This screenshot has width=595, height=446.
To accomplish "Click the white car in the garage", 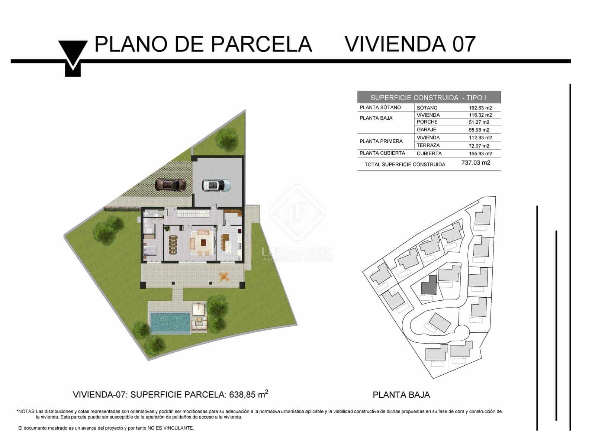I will click(x=216, y=185).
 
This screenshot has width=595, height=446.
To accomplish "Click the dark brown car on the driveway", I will click(x=170, y=184).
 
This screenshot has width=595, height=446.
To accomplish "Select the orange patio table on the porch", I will click(x=224, y=276).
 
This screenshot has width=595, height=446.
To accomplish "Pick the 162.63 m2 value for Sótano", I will click(x=480, y=108).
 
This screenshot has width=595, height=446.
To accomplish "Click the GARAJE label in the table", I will click(x=427, y=130).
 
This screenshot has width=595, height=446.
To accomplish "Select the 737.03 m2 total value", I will click(x=476, y=163).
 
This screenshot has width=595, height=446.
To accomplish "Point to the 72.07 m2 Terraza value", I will click(x=479, y=146).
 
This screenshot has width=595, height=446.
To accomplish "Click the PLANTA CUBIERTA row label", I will click(x=382, y=153).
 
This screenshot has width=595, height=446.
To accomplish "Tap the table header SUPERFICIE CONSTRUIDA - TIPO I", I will click(x=428, y=98).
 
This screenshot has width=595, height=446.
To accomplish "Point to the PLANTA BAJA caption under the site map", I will click(x=401, y=395).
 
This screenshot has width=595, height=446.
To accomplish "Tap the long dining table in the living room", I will click(x=173, y=244).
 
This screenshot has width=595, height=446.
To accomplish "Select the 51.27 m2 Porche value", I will click(x=479, y=122).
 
